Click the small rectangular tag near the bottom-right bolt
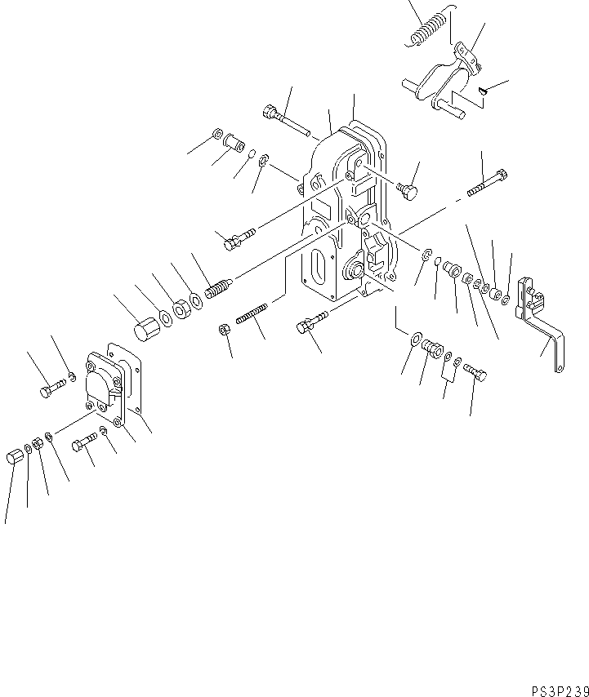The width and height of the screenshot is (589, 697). click(x=448, y=372)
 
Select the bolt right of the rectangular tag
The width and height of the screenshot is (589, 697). click(x=476, y=374)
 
